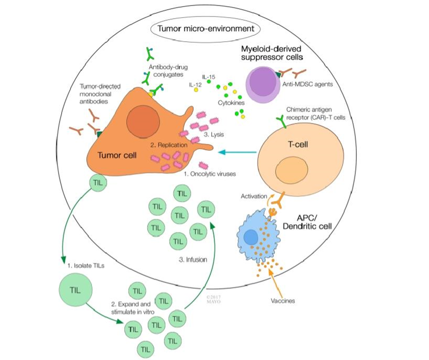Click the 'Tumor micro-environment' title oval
click(x=206, y=29)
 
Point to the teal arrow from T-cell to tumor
click(x=238, y=152)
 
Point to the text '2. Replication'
click(x=169, y=145)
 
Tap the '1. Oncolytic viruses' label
click(x=210, y=174)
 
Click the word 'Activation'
click(x=253, y=196)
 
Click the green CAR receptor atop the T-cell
click(x=280, y=121)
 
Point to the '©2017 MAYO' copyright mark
click(x=214, y=300)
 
